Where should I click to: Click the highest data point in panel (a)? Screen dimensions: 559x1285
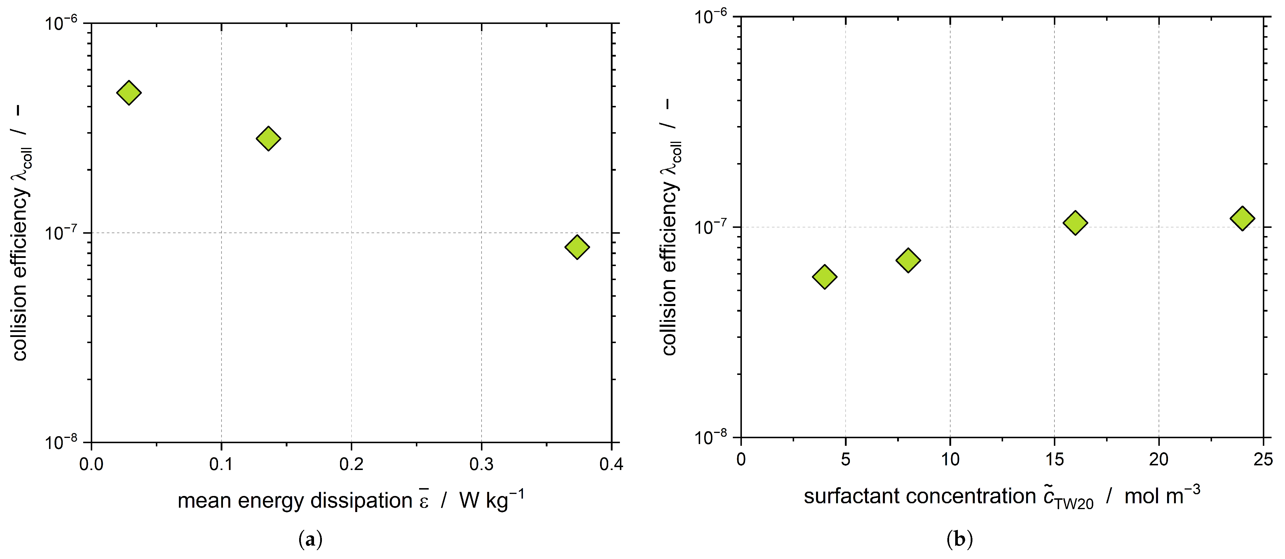point(129,93)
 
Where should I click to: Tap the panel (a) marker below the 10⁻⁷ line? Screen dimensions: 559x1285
point(577,247)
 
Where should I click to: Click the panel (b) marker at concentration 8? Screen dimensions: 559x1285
point(908,260)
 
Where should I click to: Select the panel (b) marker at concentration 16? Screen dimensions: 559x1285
point(1075,222)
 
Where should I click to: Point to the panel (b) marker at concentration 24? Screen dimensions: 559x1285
point(1242,218)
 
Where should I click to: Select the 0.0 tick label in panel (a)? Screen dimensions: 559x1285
point(91,464)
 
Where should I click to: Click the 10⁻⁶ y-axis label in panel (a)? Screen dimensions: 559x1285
point(61,23)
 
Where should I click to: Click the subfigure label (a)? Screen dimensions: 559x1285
point(310,539)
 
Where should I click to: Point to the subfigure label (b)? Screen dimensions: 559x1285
point(959,539)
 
